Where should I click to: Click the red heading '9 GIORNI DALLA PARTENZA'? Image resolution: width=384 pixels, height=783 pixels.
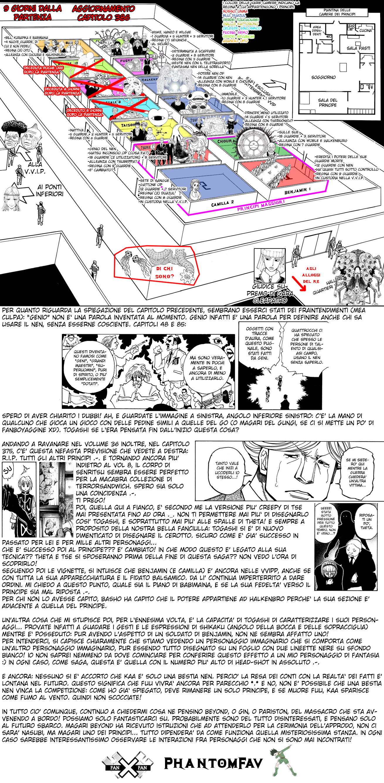[33, 13]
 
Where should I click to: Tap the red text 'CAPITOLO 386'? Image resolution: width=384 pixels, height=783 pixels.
[103, 17]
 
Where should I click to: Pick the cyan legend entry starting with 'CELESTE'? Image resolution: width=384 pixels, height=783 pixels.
[242, 28]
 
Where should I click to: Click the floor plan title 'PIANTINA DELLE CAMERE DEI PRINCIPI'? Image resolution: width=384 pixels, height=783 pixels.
[337, 12]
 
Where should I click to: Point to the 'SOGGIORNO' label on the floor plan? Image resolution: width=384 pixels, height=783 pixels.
[323, 77]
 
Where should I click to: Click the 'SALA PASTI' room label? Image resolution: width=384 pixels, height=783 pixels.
[358, 48]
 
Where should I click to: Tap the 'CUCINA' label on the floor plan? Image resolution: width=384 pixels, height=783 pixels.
[365, 31]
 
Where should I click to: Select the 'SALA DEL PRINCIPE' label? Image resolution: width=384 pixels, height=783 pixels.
[327, 102]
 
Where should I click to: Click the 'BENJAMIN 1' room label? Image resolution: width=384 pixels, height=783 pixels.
[298, 191]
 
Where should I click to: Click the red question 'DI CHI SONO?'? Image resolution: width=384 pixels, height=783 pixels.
[164, 272]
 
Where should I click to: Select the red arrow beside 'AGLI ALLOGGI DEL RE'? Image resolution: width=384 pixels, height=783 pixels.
[299, 283]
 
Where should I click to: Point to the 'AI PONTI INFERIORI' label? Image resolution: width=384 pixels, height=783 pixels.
[50, 190]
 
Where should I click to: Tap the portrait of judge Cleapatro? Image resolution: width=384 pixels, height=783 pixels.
[269, 266]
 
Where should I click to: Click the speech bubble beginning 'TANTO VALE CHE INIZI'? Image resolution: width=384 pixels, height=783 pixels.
[227, 470]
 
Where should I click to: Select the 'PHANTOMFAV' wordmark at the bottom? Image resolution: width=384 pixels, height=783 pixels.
[213, 763]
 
